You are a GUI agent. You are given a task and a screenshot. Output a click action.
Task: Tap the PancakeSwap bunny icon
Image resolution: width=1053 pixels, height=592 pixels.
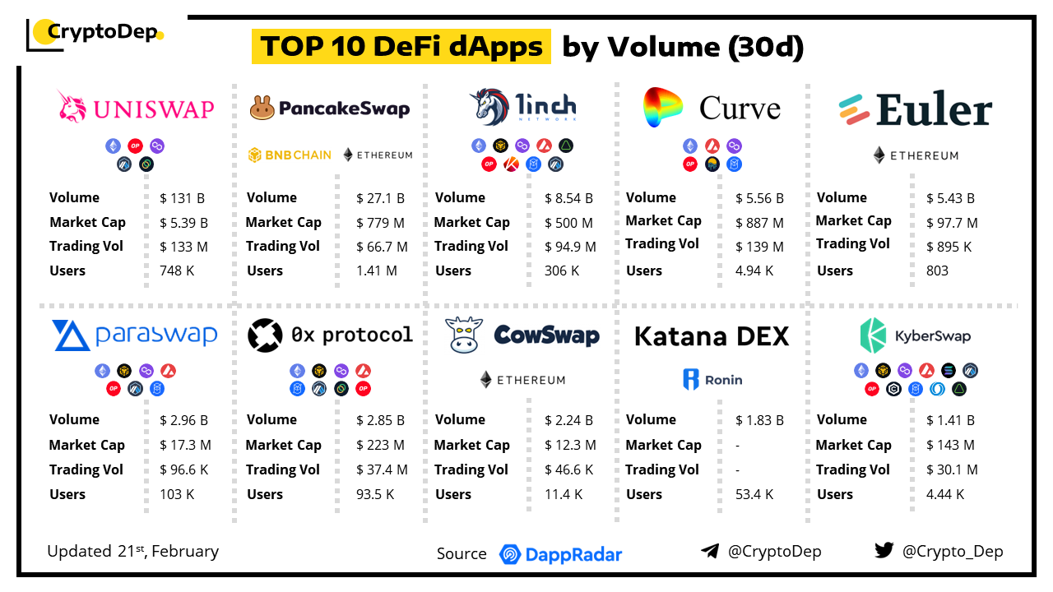coord(262,108)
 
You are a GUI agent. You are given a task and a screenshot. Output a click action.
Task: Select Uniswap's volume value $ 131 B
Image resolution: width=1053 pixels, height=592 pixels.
coord(183,198)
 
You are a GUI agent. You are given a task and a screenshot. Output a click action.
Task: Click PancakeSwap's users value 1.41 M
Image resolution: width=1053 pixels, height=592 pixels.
coord(377,271)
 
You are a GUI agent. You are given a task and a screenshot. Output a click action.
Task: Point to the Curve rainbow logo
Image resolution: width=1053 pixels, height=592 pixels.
coord(663,107)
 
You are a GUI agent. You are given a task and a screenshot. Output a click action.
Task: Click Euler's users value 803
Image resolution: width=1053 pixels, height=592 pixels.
coord(937,271)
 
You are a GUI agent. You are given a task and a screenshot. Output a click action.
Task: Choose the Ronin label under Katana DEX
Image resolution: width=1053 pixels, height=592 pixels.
coord(712,380)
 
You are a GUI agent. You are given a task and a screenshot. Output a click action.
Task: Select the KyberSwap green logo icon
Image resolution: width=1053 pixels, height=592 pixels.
coord(873,335)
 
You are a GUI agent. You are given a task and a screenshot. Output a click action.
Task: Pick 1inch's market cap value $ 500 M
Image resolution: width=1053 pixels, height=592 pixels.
coord(568,223)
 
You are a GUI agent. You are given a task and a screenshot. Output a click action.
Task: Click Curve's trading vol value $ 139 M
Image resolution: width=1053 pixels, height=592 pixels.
coord(759,247)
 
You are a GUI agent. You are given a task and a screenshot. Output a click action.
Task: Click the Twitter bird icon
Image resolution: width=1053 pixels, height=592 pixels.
coord(884,551)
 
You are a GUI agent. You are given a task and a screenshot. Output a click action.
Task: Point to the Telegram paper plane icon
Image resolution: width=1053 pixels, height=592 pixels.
coord(710,551)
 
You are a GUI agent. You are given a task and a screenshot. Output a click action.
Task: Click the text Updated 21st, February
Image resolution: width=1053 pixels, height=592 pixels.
coord(133,551)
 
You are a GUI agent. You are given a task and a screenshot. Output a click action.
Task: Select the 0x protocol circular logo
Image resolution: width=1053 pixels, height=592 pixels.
coord(264,335)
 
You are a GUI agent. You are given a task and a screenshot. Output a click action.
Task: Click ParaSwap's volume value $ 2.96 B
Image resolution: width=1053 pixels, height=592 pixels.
coord(183,420)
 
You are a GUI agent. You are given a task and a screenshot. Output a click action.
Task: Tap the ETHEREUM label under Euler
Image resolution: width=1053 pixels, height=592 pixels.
coord(916,155)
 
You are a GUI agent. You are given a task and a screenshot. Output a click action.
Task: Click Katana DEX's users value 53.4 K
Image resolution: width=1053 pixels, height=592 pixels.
coord(754,494)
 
